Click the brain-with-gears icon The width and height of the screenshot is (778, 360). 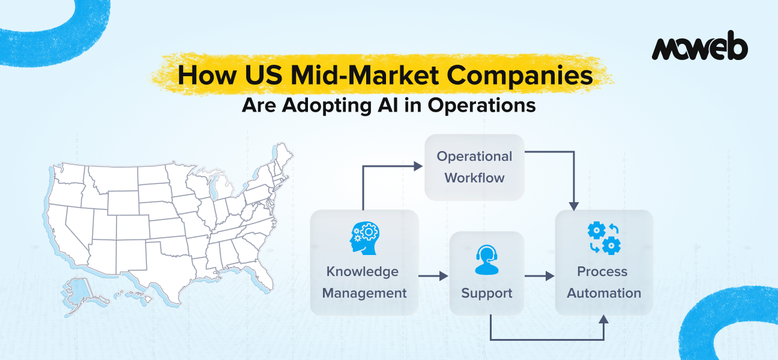364,239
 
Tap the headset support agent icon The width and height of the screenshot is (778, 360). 486,260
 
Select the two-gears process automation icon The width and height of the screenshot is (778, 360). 603,238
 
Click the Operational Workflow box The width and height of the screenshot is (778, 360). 474,167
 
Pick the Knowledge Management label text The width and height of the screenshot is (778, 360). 364,283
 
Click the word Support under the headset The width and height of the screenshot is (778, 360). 486,293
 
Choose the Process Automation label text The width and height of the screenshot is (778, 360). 603,283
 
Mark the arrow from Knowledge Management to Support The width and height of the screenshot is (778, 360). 433,276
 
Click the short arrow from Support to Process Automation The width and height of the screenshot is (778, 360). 539,276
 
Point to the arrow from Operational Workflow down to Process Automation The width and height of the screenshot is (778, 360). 574,180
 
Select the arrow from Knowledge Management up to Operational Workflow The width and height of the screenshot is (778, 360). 363,186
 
